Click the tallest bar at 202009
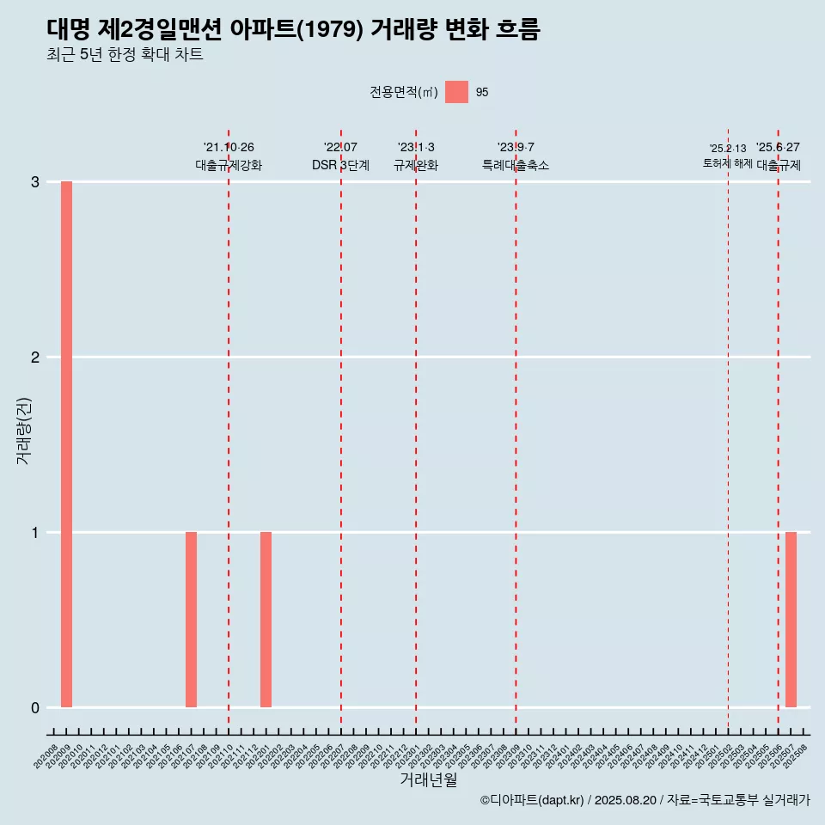coord(66,443)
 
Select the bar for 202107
coord(191,619)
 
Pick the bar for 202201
coord(266,619)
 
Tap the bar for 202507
coord(791,619)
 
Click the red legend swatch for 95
coord(456,92)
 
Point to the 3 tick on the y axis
coord(35,182)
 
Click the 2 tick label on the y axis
coord(35,357)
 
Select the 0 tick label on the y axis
coord(35,708)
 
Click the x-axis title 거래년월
coord(428,779)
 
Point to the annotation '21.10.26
coord(229,148)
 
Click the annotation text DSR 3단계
coord(340,165)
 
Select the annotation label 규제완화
coord(416,165)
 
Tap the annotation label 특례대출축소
coord(516,165)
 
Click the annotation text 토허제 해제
coord(727,163)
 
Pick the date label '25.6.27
coord(778,148)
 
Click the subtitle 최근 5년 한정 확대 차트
coord(125,56)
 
